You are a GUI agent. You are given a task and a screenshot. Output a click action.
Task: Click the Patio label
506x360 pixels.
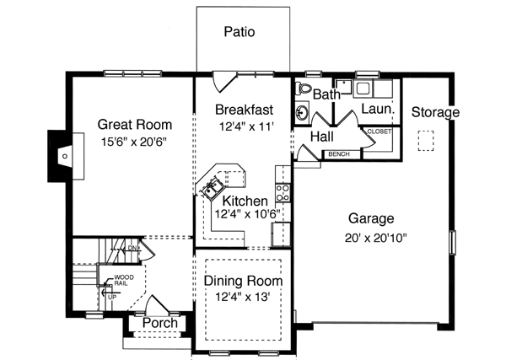point(240,33)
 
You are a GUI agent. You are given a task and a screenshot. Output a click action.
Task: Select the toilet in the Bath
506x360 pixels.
point(304,89)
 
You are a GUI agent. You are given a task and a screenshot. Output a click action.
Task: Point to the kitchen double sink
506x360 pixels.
point(211,188)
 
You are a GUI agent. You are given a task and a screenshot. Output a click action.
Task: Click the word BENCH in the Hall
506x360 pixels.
point(339,154)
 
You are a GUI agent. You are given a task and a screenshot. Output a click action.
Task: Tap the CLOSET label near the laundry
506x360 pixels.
point(379,132)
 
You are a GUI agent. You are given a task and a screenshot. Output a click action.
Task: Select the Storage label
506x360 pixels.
point(435,112)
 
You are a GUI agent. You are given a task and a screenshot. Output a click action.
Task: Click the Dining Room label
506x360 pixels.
point(244,281)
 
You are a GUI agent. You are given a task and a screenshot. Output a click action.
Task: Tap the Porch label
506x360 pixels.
point(159,322)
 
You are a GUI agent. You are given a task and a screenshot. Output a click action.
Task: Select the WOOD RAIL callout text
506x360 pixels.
point(122,280)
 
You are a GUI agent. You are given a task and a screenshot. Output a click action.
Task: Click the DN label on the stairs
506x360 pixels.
point(132,249)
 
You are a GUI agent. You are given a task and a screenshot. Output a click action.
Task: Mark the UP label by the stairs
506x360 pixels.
point(110,296)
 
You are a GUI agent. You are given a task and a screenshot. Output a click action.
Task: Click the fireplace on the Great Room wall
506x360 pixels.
point(62,155)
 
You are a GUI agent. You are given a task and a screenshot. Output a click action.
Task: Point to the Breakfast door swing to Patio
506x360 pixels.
point(221,82)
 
